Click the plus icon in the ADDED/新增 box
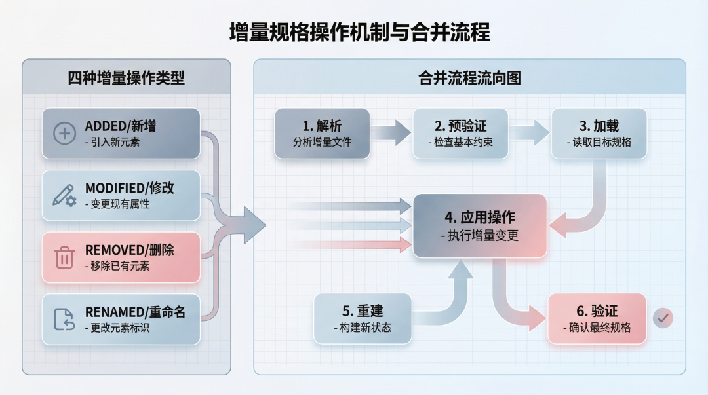(x=64, y=134)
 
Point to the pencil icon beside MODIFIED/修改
(x=64, y=195)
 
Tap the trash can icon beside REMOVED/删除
(x=64, y=257)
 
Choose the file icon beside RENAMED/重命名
(x=64, y=319)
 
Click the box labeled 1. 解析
(x=322, y=134)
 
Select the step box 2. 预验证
(x=460, y=134)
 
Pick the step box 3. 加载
(x=599, y=134)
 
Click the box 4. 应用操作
(x=480, y=225)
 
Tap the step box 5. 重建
(x=363, y=318)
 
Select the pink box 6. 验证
(x=597, y=318)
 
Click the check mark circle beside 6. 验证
(x=663, y=318)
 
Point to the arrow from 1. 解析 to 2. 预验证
(x=391, y=133)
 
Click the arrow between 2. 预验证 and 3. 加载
(x=530, y=133)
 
